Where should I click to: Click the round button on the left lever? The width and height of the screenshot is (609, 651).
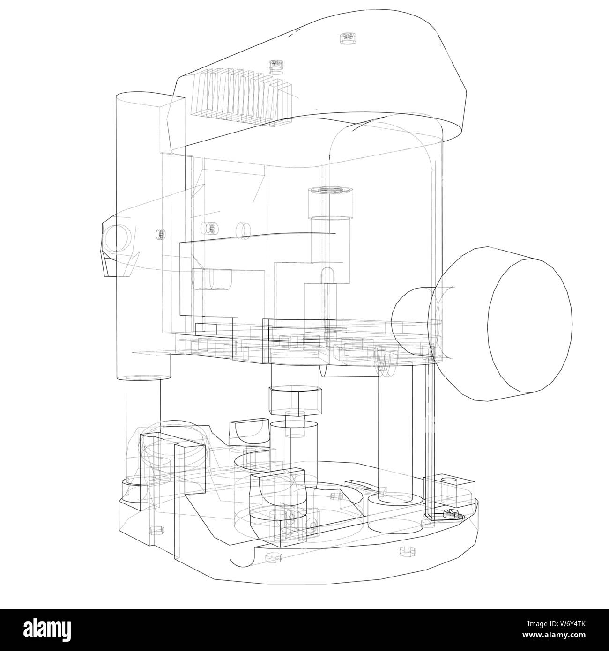(x=115, y=237)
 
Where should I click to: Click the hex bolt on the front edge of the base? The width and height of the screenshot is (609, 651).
(x=272, y=557)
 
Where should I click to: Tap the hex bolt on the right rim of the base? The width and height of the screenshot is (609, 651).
(x=403, y=552)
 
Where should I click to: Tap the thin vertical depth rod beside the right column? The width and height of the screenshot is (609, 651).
(x=429, y=422)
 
